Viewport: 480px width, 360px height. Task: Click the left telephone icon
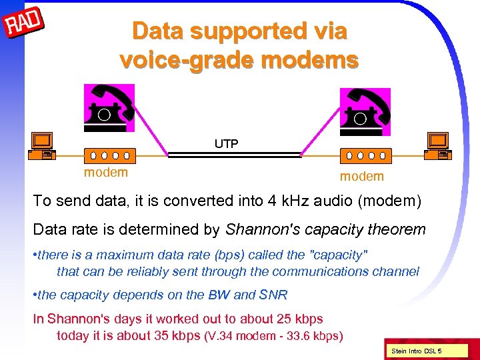point(109,109)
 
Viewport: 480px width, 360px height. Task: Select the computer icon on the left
point(42,145)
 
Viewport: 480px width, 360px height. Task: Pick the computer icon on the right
point(439,145)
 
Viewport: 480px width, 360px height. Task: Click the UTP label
point(227,143)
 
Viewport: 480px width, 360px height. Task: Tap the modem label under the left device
point(105,173)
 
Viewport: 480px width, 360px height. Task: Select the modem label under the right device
point(362,176)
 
